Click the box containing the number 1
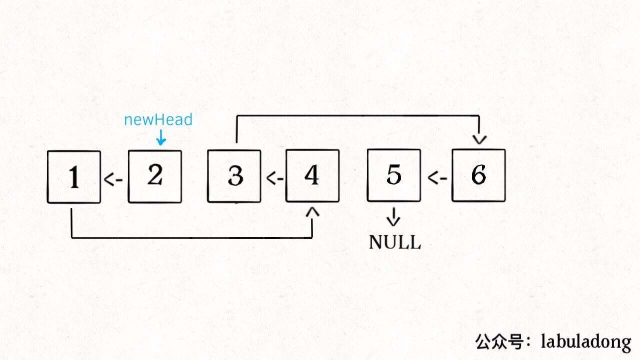point(74,177)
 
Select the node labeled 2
point(155,176)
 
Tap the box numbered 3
point(234,176)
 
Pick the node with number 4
point(312,176)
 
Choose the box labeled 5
point(393,175)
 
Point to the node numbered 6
point(478,175)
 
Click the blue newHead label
point(158,120)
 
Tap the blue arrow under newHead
point(160,137)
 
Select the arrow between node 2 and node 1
point(113,179)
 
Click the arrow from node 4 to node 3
point(274,178)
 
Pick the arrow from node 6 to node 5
point(437,177)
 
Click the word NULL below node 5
point(394,242)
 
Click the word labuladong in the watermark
point(586,342)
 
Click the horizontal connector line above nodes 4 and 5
point(357,116)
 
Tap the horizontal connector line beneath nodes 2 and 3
point(192,237)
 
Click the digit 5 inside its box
point(393,175)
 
